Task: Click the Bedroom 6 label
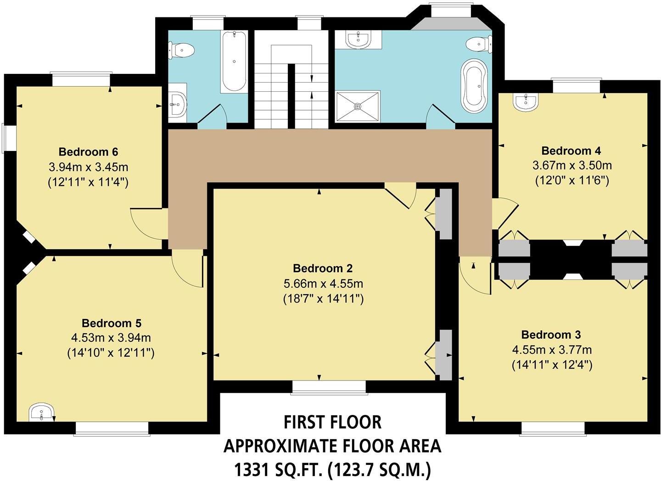(88, 151)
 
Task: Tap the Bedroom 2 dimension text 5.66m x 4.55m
(323, 284)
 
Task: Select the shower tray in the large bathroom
(358, 106)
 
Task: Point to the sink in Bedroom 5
(42, 412)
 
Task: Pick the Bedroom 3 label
(551, 334)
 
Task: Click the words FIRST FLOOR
(332, 422)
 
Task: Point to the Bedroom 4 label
(571, 151)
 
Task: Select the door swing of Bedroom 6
(146, 224)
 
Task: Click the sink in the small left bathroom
(178, 104)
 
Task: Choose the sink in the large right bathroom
(359, 39)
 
